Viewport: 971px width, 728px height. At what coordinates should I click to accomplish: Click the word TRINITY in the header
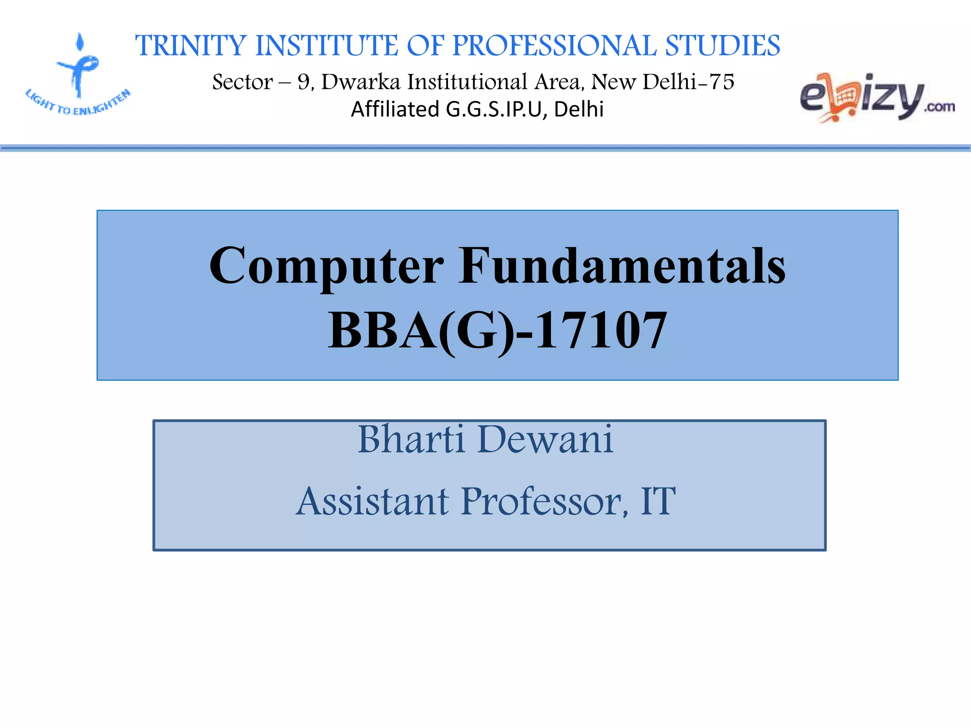point(191,46)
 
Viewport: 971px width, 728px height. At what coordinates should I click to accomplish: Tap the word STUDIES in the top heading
point(723,46)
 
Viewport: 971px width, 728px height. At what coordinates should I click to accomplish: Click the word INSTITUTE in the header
point(327,46)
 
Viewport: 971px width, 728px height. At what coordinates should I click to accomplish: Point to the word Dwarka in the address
point(361,82)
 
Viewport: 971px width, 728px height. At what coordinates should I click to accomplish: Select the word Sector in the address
point(242,82)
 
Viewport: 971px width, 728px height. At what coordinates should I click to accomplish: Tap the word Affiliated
point(395,109)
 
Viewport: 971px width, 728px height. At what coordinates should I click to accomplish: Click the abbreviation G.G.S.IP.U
point(496,109)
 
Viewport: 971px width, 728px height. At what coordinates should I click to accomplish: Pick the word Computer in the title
point(326,266)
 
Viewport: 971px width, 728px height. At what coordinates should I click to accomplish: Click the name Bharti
point(411,439)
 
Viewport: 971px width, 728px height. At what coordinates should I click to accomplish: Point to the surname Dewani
point(545,439)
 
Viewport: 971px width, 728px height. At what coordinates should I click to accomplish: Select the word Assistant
point(373,501)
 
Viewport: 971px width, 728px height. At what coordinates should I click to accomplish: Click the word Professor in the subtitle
point(544,501)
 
